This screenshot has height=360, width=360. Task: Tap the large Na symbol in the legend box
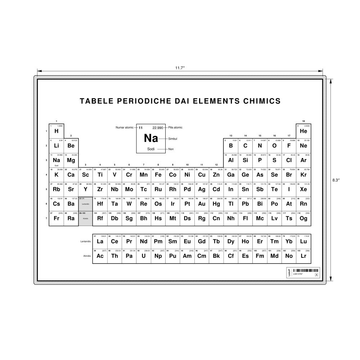[x=151, y=138]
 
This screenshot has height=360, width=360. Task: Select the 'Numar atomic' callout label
[x=125, y=127]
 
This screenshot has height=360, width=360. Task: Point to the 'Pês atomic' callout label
[x=176, y=127]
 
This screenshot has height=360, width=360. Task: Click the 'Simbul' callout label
[x=173, y=139]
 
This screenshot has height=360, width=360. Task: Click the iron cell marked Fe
[x=158, y=175]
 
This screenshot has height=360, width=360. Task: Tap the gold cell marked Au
[x=202, y=204]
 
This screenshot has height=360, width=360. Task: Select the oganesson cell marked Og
[x=303, y=218]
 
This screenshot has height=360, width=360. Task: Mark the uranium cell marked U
[x=144, y=256]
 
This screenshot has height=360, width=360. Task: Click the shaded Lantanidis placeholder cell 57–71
[x=85, y=204]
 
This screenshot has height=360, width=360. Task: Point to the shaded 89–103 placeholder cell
[x=85, y=218]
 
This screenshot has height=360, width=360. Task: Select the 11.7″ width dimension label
[x=180, y=68]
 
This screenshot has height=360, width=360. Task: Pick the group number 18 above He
[x=303, y=121]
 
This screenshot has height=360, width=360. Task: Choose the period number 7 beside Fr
[x=46, y=218]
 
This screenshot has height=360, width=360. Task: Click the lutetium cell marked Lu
[x=303, y=241]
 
